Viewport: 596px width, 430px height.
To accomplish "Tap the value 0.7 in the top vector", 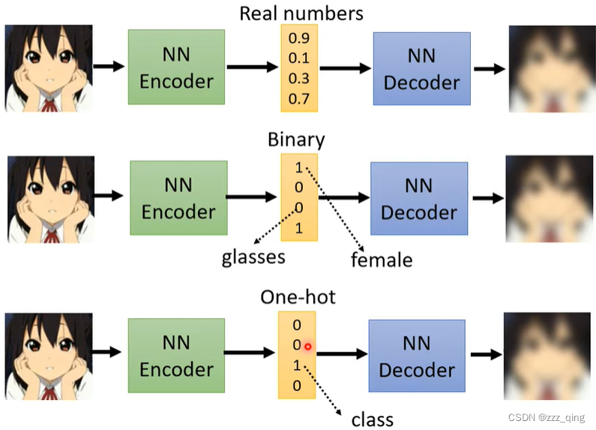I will (x=299, y=99).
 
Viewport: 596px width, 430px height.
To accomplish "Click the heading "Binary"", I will (x=296, y=140).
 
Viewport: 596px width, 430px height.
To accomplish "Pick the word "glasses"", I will (x=253, y=257).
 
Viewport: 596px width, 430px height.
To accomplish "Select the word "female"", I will (x=382, y=260).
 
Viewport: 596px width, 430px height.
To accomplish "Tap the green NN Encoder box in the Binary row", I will (x=178, y=200).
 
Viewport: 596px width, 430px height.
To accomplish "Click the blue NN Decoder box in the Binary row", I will (x=418, y=200).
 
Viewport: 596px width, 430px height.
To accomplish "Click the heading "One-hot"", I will (x=298, y=296).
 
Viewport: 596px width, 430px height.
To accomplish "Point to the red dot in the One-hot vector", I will (x=307, y=346).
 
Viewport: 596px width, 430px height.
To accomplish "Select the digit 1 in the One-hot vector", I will (x=297, y=365).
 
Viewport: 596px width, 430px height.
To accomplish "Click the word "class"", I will (x=372, y=417).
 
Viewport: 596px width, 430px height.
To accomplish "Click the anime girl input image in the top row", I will (x=49, y=68).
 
